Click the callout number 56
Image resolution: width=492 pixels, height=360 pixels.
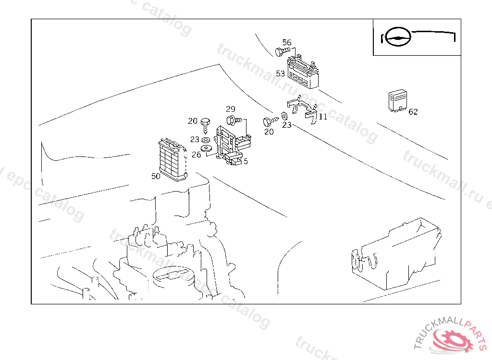click(287, 42)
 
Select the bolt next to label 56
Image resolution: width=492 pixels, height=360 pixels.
click(282, 51)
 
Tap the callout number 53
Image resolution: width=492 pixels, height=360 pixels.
click(281, 73)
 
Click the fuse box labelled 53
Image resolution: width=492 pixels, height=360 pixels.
click(303, 73)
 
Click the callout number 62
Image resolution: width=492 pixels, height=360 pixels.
click(413, 112)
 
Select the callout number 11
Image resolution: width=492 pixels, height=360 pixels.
click(323, 117)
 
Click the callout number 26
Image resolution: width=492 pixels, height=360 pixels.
click(196, 154)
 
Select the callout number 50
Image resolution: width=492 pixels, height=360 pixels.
click(156, 176)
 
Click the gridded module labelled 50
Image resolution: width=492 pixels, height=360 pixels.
click(172, 160)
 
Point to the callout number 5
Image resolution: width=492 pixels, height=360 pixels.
click(246, 162)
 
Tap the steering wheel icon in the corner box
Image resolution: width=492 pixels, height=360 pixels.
click(399, 37)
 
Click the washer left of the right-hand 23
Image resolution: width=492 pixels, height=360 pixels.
click(284, 116)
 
